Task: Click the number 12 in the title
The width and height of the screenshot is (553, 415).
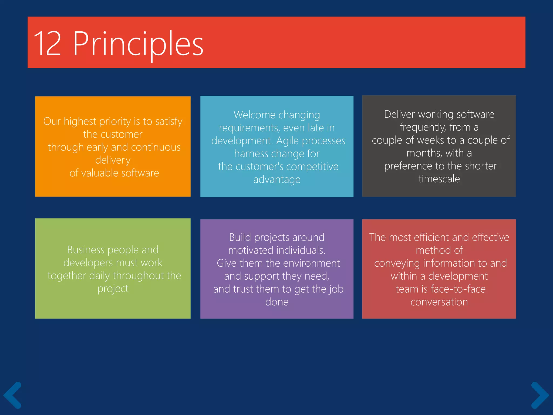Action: coord(48,43)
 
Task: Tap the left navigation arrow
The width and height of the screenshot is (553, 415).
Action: coord(12,395)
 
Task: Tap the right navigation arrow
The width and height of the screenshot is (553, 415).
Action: coord(540,395)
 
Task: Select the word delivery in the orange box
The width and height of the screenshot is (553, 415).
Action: coord(113,160)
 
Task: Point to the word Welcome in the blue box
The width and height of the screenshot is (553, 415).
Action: coord(254,115)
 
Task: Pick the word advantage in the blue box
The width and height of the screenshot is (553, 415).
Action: coord(277,180)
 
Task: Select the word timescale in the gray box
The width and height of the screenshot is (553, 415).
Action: coord(439,179)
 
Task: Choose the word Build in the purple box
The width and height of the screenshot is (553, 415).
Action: coord(240,237)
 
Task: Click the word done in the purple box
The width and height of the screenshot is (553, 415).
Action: coord(277,302)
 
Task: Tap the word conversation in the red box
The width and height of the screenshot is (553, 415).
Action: coord(439,302)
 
